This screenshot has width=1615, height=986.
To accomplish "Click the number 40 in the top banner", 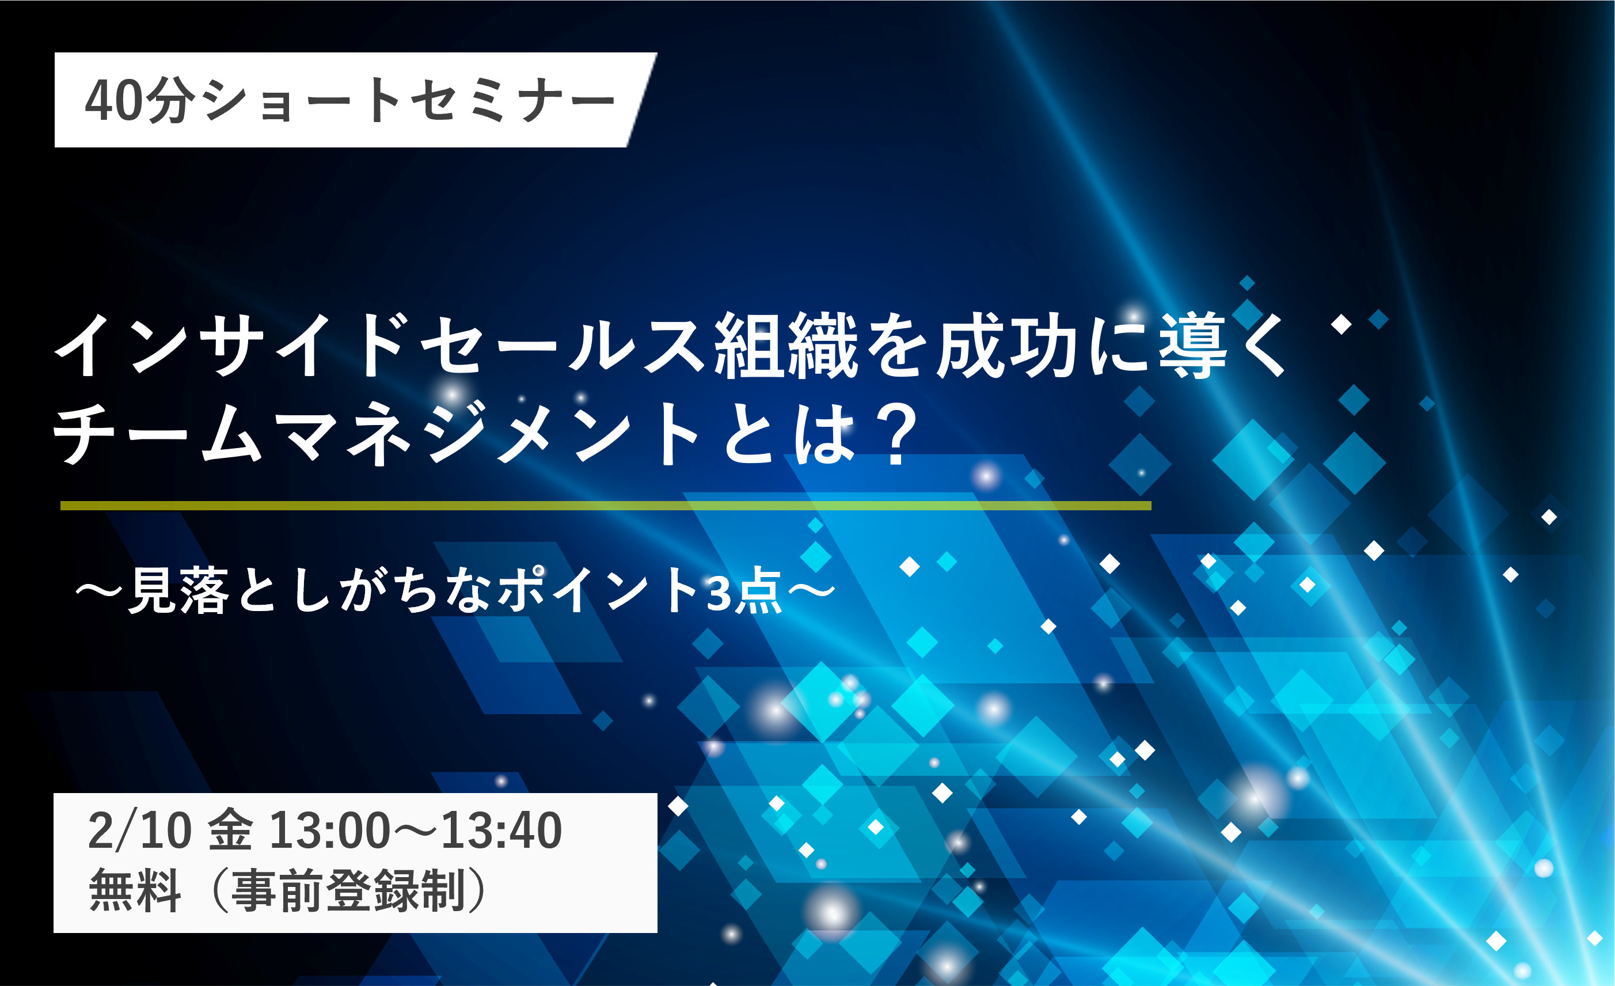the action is point(113,100).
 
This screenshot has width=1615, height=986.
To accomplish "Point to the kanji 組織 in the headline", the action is point(786,346).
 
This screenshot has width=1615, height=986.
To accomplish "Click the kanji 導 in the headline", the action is point(1192,346).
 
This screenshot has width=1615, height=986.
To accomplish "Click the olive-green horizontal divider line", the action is point(606,506).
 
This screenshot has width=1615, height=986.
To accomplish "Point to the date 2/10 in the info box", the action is point(139,830).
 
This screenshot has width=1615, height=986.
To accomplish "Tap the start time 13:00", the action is point(330,830).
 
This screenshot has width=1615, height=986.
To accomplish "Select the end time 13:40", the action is point(501,830).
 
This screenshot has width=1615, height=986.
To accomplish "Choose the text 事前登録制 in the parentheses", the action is point(349,890).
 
